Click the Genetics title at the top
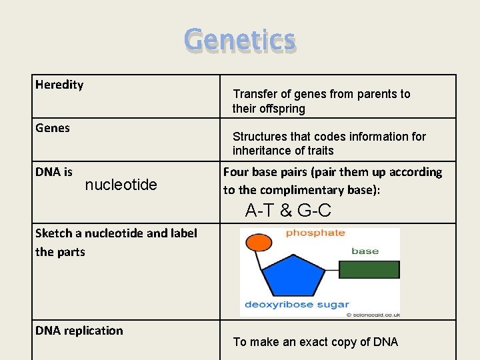coord(240,39)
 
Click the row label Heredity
coord(59,85)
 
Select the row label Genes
coord(53,127)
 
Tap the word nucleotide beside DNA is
coord(121,185)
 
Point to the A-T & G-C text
coord(288,211)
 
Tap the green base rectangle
coord(369,269)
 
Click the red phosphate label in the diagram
coord(315,233)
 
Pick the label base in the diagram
coord(365,251)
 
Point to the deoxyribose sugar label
coord(297,304)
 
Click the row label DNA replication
coord(79,331)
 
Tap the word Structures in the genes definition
coord(261,137)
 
